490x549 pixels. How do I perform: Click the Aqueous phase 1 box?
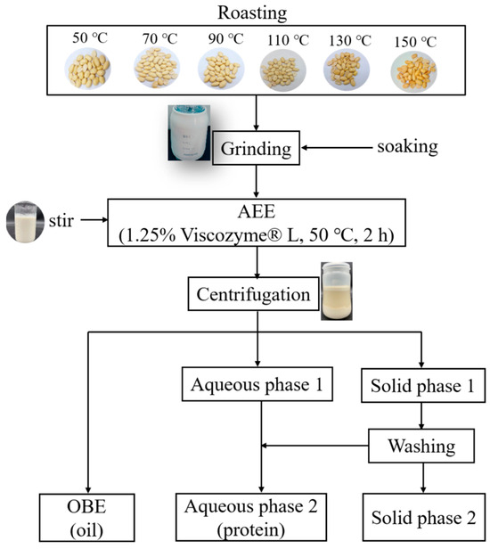257,386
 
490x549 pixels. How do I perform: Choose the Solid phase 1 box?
423,386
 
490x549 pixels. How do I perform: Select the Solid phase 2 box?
423,518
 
